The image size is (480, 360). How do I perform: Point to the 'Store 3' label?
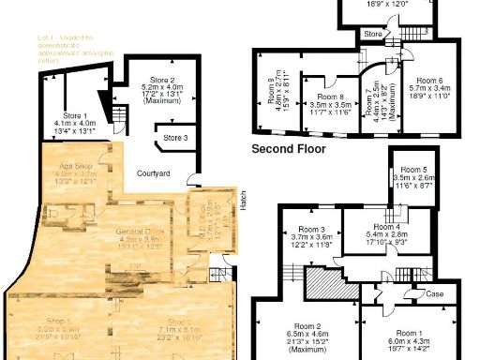(x=175, y=139)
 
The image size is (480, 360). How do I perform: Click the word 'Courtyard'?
(x=153, y=173)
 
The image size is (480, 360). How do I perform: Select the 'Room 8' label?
(x=330, y=96)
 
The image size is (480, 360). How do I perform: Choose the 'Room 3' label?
(x=311, y=230)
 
